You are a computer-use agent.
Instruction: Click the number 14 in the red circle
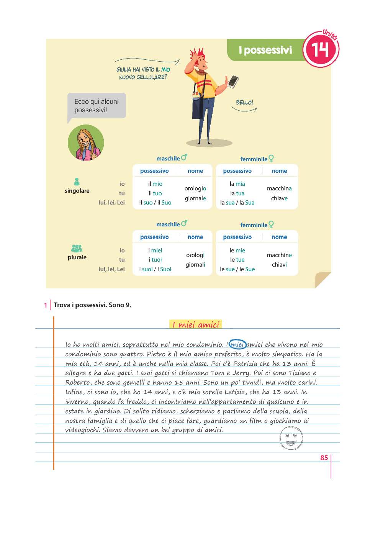coord(320,50)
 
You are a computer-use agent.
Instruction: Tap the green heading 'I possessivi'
coord(265,50)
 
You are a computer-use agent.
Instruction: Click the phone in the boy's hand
coord(233,81)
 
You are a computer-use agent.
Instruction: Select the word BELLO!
coord(244,102)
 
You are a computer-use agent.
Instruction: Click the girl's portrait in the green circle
coord(86,143)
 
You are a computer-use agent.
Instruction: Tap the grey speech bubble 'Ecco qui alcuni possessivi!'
coord(97,105)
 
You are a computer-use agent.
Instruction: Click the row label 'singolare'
coord(77,191)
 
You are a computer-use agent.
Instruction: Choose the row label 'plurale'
coord(77,257)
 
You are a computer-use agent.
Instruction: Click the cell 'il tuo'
coord(155,193)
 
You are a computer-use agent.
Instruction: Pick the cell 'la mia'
coord(237,184)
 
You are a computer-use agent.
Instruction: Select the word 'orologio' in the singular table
coord(195,188)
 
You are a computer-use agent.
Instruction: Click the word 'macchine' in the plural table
coord(279,255)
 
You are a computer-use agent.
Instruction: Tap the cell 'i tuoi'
coord(155,260)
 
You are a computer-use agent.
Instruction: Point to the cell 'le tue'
coord(237,260)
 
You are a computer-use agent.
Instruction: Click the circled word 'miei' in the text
coord(237,344)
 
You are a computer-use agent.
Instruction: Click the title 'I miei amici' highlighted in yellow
coord(195,325)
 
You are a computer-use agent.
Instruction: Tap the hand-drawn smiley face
coord(291,438)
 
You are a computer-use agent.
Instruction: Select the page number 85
coord(324,458)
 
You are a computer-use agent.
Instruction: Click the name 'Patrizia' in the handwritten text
coord(246,364)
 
